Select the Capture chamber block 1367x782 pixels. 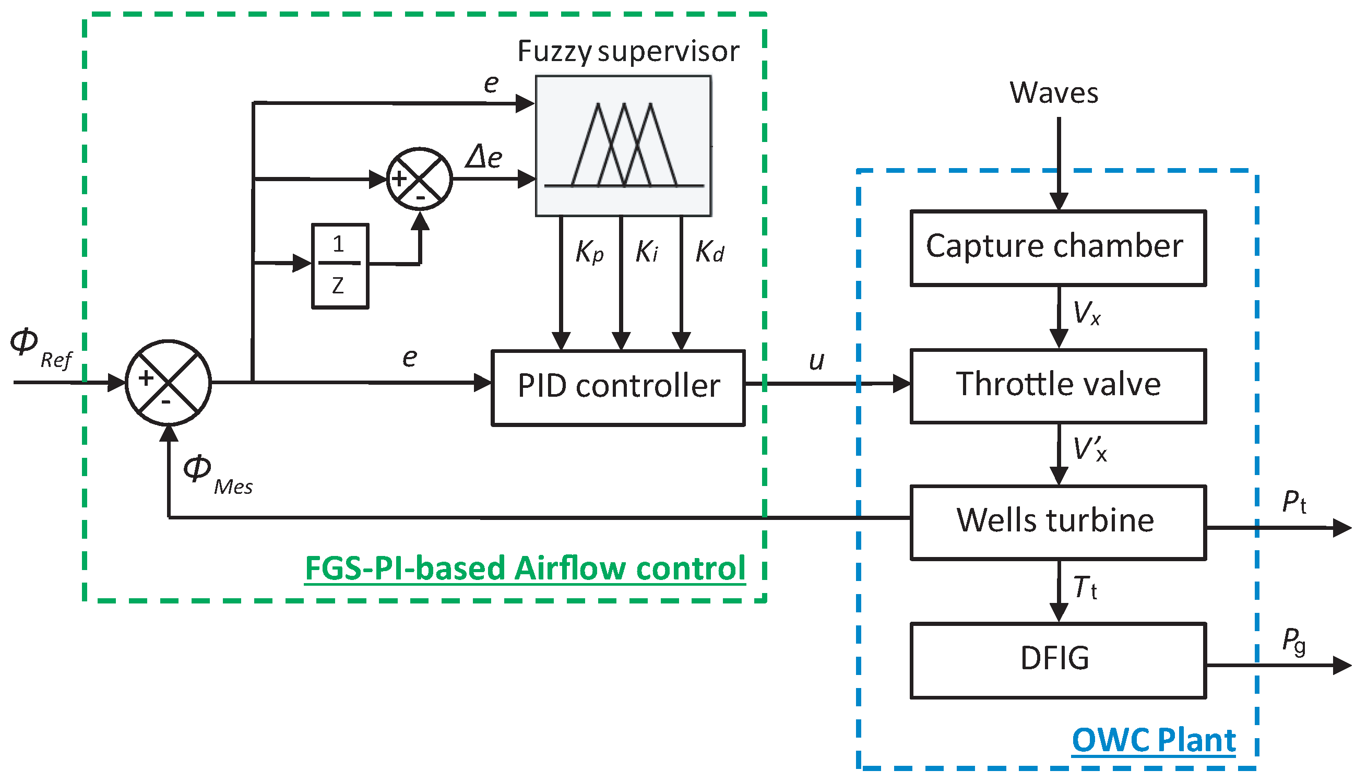point(1057,247)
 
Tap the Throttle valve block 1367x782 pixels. point(1057,386)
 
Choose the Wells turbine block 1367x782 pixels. point(1057,522)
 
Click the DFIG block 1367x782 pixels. point(1057,660)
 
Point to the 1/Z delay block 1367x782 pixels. point(340,266)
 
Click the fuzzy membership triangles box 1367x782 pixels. point(623,146)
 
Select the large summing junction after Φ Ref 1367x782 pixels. point(168,383)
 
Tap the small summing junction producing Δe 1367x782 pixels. point(419,179)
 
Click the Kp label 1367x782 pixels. point(589,252)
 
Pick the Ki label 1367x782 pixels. point(647,252)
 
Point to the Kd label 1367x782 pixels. point(709,252)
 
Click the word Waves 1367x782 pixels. point(1053,93)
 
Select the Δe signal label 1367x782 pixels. point(484,157)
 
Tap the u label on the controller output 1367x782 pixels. point(816,361)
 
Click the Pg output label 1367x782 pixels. point(1293,642)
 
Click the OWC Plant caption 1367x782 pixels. point(1154,740)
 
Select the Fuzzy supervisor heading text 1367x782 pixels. point(628,52)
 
